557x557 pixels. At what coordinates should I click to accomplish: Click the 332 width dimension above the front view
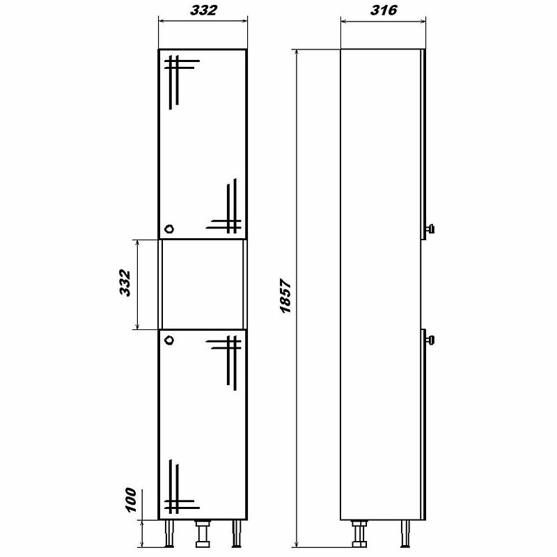pos(203,10)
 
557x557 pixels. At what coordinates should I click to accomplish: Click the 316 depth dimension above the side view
pos(384,10)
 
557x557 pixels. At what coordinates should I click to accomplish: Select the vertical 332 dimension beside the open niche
pos(125,283)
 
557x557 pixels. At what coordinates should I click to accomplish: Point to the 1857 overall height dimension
pos(285,296)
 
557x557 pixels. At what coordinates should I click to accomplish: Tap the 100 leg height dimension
pos(131,500)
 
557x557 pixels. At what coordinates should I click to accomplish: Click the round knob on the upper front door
pos(169,228)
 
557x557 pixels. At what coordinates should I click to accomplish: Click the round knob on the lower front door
pos(169,340)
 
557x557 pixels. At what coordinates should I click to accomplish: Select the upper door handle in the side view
pos(430,228)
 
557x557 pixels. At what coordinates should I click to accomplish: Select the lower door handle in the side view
pos(430,340)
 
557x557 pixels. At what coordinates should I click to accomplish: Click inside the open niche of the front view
pos(203,284)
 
